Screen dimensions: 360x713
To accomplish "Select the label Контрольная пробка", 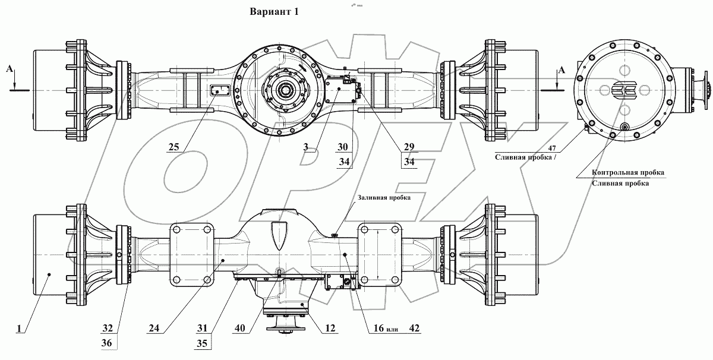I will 627,173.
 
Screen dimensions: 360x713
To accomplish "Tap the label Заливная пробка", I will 384,197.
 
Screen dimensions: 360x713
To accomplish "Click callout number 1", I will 21,327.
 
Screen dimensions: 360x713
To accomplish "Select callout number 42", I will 414,327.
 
